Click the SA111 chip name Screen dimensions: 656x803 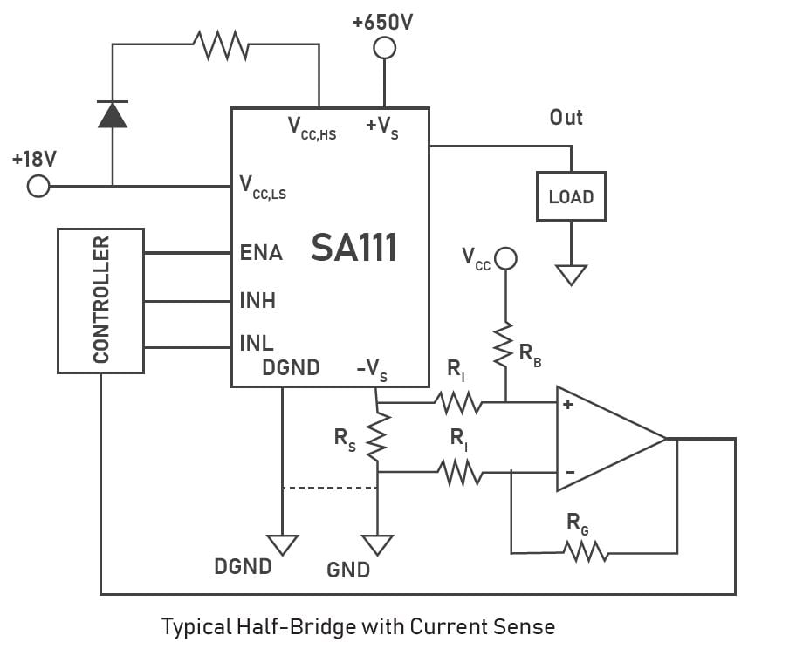tap(354, 249)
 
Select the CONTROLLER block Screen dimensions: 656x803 tap(100, 300)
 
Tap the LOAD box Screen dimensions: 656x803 tap(571, 196)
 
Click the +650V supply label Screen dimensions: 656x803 tap(383, 22)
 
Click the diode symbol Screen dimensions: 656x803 tap(112, 114)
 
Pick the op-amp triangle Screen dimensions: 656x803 tap(607, 438)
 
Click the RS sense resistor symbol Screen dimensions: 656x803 tap(377, 439)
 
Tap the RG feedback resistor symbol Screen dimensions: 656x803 tap(585, 551)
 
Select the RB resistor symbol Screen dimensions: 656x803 tap(504, 346)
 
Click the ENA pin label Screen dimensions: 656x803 tap(261, 253)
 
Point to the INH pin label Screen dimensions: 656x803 tap(257, 301)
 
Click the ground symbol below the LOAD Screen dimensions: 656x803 tap(571, 275)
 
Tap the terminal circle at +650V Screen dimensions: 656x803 tap(384, 48)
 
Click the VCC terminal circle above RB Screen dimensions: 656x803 tap(505, 258)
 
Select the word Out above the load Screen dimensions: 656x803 tap(566, 117)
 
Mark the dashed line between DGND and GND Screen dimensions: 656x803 tap(329, 489)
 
